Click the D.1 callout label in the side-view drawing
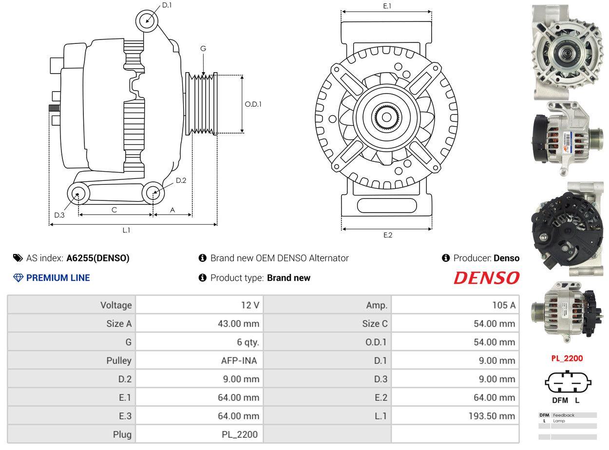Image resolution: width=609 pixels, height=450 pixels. coord(167,5)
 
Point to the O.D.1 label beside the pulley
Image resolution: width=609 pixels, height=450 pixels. coord(253,104)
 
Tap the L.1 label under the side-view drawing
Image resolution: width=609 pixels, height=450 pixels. coord(126,230)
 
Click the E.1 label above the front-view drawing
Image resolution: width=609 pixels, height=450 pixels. coord(387,6)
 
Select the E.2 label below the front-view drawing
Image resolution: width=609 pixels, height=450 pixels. coord(387,235)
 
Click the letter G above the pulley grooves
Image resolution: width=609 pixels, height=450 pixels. coord(203,48)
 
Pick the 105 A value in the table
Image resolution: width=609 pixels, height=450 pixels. coord(503,305)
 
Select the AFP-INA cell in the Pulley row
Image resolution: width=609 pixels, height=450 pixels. coord(239,361)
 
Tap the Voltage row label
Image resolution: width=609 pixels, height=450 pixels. coord(116,305)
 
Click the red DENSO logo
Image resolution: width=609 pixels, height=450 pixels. coord(486,278)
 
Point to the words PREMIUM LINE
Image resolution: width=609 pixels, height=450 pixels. coord(58,278)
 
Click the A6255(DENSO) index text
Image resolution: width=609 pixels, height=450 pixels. coord(98,258)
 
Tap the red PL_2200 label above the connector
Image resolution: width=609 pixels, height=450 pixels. coord(567,358)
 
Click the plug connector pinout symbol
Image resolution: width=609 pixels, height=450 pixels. coord(568,383)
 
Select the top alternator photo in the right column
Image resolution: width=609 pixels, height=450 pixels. coord(568,49)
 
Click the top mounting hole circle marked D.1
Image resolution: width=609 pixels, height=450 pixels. coord(147,20)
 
